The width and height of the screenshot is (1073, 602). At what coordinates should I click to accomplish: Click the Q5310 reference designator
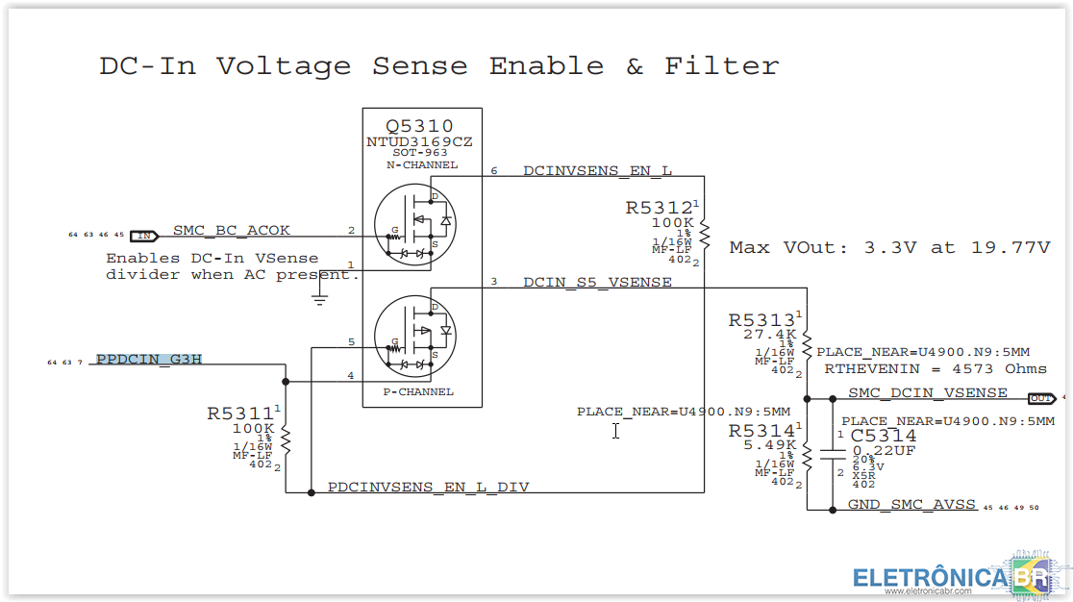[419, 126]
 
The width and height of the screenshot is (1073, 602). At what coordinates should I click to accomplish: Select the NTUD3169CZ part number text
[419, 141]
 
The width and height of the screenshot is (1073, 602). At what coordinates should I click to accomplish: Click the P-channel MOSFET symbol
[412, 333]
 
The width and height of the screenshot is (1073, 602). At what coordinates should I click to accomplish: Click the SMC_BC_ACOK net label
[232, 231]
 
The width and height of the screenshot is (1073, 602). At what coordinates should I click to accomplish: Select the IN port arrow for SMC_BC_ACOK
[144, 235]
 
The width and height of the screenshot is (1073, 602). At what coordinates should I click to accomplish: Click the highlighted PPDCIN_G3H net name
[149, 361]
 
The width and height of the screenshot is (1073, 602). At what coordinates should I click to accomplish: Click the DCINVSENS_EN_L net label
[597, 171]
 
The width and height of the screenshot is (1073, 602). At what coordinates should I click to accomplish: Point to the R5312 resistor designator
[659, 208]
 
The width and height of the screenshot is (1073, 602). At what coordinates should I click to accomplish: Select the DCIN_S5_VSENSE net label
[597, 283]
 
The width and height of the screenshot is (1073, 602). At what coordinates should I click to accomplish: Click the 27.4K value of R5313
[769, 335]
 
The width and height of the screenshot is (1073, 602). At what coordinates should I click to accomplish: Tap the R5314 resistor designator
[761, 431]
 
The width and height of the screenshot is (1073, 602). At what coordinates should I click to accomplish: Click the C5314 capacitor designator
[884, 436]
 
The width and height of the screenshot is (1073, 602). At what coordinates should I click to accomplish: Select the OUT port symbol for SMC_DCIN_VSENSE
[1040, 398]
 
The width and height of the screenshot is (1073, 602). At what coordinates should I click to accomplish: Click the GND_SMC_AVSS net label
[911, 505]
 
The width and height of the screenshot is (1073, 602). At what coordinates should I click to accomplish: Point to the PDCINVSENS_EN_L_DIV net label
[428, 488]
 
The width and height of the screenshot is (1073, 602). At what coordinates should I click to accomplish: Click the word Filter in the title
[721, 66]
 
